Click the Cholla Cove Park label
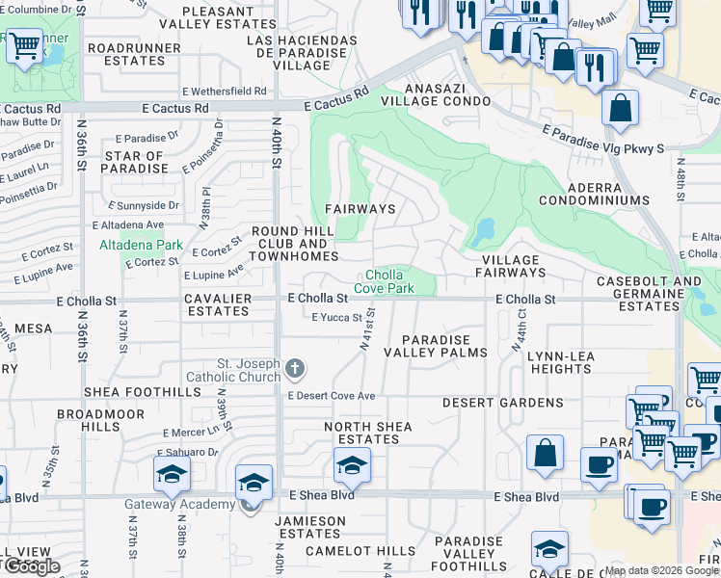coord(389,281)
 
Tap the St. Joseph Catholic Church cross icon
coord(295,368)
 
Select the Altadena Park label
coord(141,246)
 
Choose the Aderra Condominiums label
coord(594,193)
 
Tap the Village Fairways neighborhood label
coord(510,267)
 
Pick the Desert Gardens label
coord(502,402)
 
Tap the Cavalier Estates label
coord(218,304)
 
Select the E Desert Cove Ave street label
coord(331,396)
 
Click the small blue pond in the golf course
coord(482,232)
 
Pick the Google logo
coord(31,566)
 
